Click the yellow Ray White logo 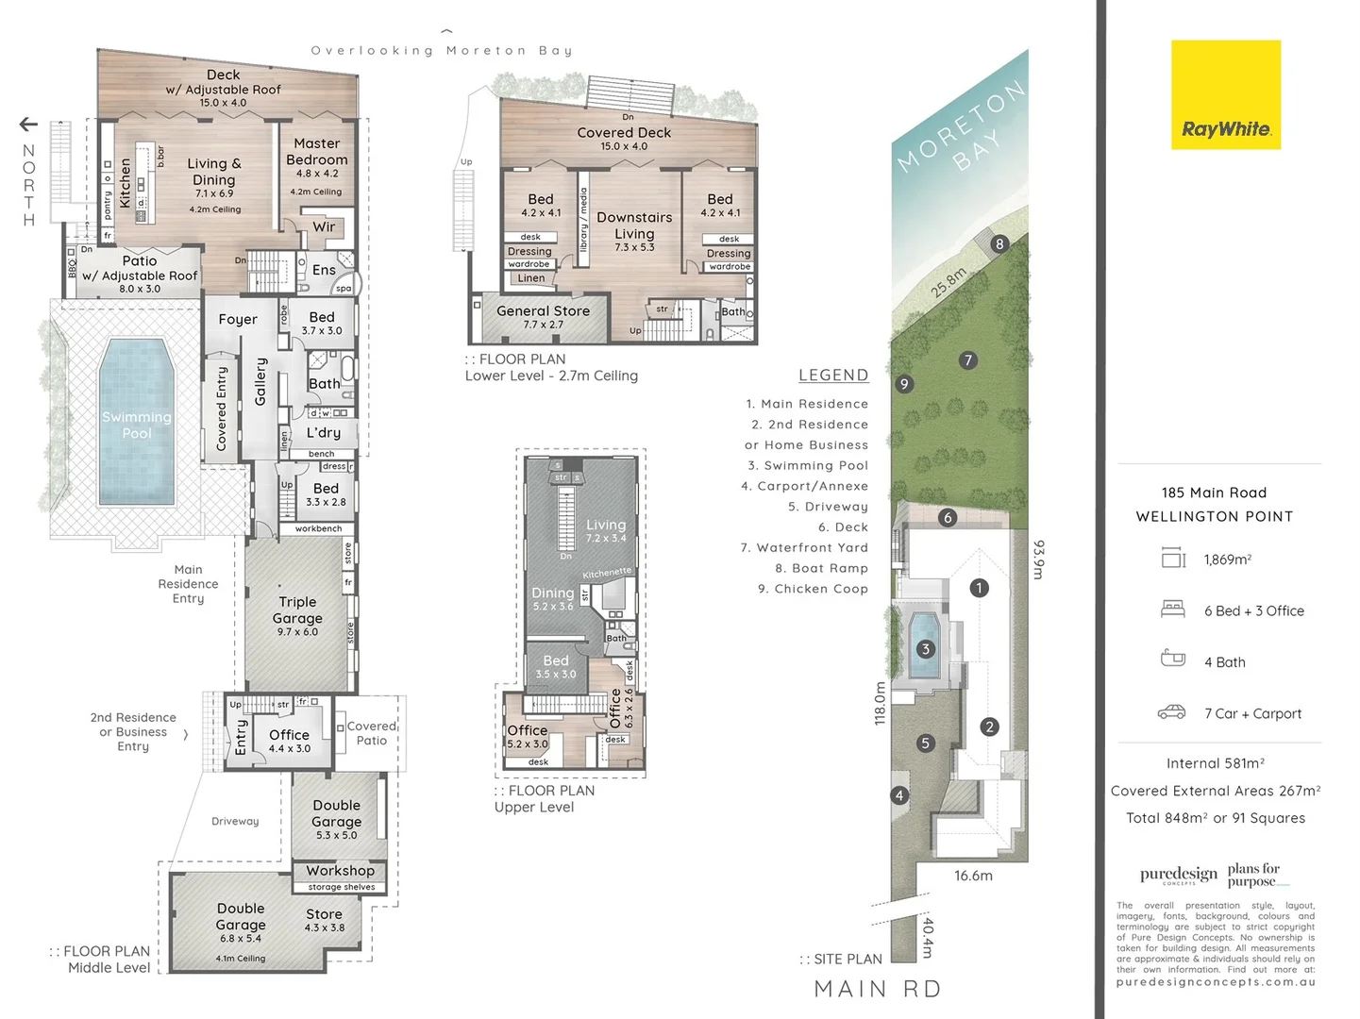[x=1226, y=94]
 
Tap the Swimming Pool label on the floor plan [x=137, y=426]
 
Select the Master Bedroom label [x=317, y=152]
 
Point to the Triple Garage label [x=297, y=610]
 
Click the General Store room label [x=543, y=311]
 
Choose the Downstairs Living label [x=634, y=226]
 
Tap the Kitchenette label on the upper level [x=607, y=573]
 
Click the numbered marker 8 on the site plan [x=999, y=244]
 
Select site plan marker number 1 [x=980, y=588]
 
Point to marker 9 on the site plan [x=904, y=384]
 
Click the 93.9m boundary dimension [x=1039, y=560]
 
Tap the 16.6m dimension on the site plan [x=973, y=876]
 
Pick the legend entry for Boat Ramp [x=821, y=568]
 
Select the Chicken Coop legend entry [x=813, y=589]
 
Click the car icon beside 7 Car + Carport [x=1172, y=712]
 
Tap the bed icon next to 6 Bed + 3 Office [x=1172, y=610]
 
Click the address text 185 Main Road [x=1214, y=493]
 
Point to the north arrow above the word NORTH [x=28, y=125]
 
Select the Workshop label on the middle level [x=340, y=871]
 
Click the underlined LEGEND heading [x=832, y=376]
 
